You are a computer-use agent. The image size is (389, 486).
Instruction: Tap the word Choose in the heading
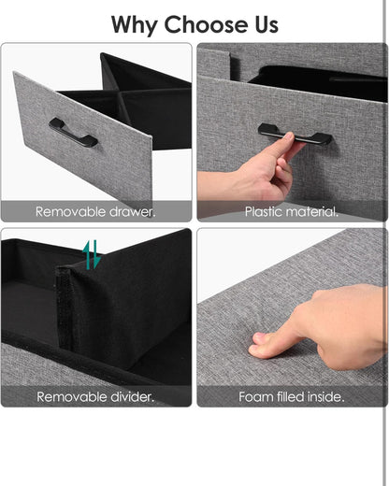(x=207, y=24)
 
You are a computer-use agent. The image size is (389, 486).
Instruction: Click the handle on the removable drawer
(x=73, y=132)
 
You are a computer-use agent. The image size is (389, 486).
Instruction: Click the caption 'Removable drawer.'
(x=95, y=212)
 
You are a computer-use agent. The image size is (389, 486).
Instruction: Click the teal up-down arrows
(x=92, y=254)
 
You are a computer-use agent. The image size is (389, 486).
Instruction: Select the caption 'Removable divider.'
(x=95, y=397)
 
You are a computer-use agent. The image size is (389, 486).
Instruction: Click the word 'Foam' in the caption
(x=253, y=397)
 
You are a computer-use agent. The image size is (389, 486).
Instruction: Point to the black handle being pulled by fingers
(x=295, y=134)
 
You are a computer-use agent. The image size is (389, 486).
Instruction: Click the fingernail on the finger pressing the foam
(x=259, y=337)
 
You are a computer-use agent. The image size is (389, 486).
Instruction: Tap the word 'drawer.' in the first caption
(x=133, y=212)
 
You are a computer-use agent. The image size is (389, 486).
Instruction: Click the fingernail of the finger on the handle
(x=288, y=136)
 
